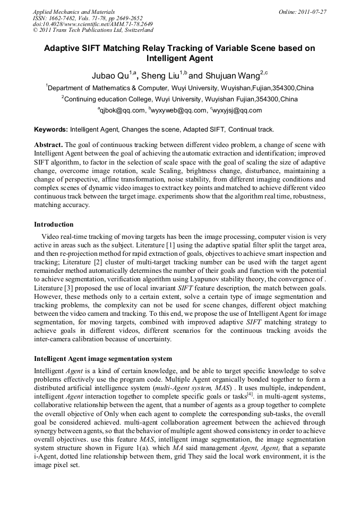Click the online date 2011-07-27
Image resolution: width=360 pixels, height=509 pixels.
point(312,11)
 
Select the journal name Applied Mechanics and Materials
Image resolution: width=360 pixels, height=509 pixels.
point(74,11)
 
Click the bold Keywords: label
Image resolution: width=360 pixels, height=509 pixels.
point(51,130)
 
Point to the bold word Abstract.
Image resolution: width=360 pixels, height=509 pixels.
point(48,145)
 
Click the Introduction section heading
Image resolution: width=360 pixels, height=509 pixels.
point(54,225)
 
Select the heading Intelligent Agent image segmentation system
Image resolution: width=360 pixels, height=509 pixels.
point(103,359)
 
